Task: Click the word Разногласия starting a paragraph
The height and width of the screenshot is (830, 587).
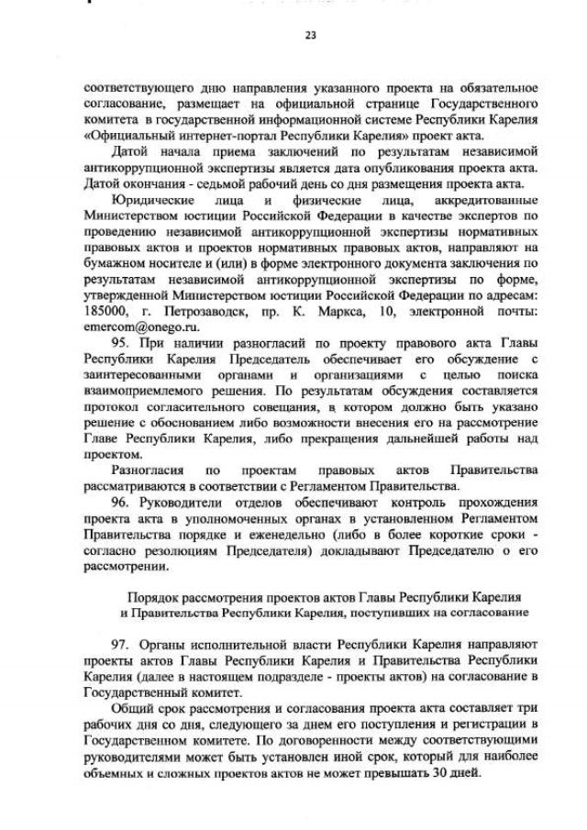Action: pos(153,471)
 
